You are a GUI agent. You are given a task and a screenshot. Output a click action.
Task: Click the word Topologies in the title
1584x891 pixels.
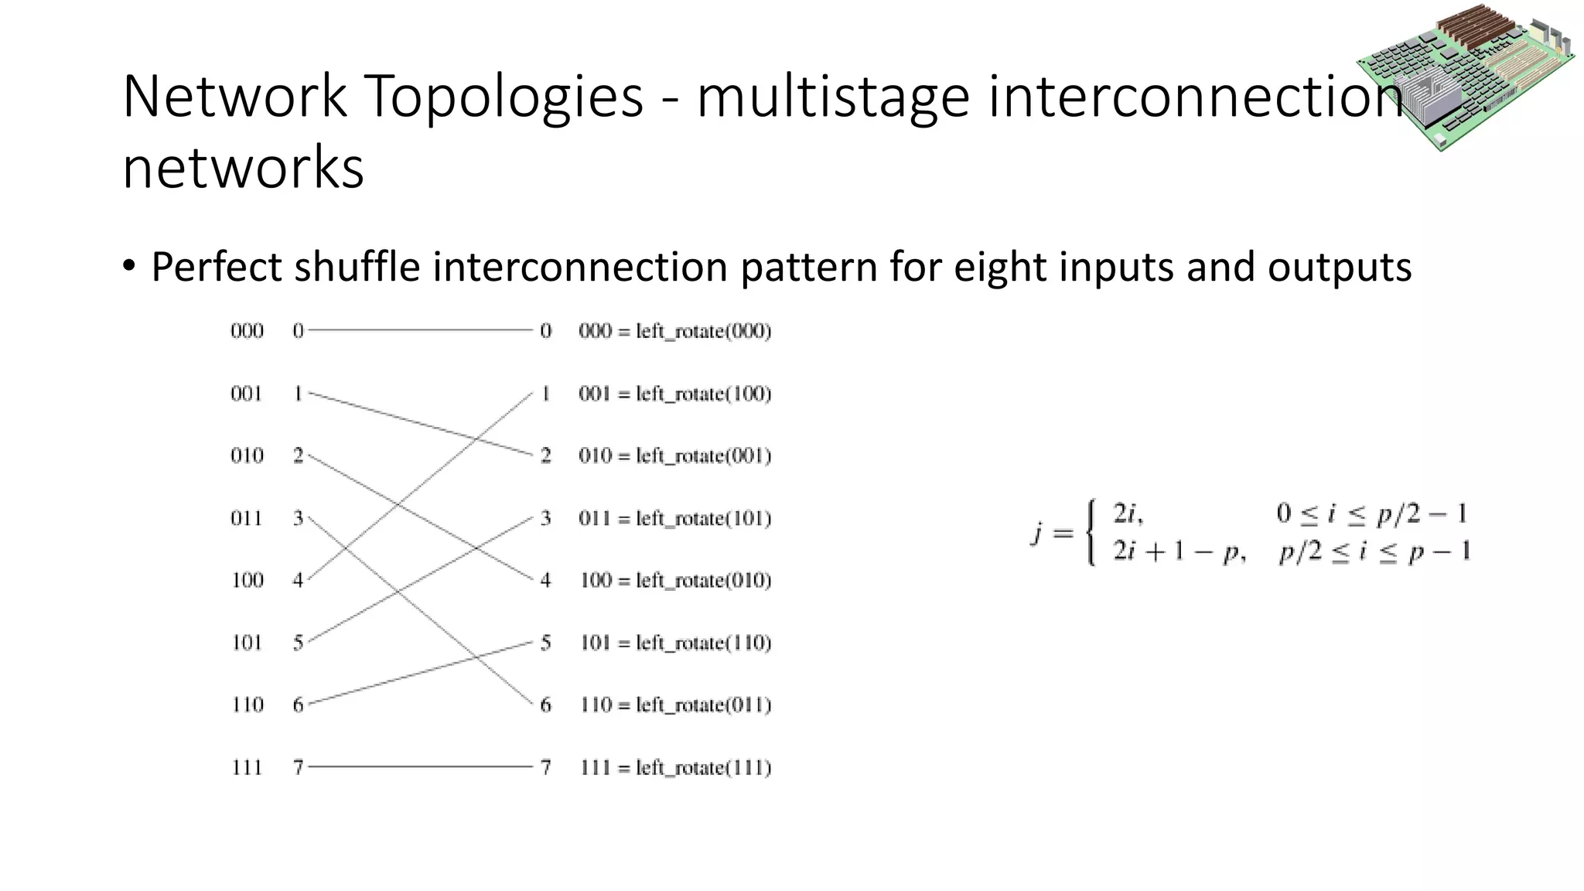[503, 97]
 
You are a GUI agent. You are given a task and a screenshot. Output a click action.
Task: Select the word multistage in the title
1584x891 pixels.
[833, 97]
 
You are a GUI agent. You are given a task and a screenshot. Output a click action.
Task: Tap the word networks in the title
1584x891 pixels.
[243, 168]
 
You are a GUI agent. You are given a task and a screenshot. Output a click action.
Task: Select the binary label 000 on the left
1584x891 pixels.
[247, 331]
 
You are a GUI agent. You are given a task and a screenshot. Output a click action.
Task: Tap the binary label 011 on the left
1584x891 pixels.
[247, 518]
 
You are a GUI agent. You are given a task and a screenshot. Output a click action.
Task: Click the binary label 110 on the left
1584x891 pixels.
[247, 705]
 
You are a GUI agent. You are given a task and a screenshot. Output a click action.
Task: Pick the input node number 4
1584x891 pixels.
[298, 580]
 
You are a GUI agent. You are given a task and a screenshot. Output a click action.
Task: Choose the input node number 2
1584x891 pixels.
[298, 456]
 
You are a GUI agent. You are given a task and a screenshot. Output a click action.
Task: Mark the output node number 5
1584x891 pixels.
[546, 643]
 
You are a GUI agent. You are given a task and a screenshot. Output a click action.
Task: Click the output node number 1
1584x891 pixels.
[546, 394]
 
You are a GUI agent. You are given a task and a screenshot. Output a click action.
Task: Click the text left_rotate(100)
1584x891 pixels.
[704, 394]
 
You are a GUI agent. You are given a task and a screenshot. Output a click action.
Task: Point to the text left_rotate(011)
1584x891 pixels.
[704, 705]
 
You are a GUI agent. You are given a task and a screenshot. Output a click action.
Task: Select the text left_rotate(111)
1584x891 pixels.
[704, 767]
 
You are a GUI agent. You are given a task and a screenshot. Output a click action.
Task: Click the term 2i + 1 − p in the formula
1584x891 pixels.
[1178, 551]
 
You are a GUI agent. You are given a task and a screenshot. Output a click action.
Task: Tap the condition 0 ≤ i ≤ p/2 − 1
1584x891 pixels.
[1371, 514]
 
